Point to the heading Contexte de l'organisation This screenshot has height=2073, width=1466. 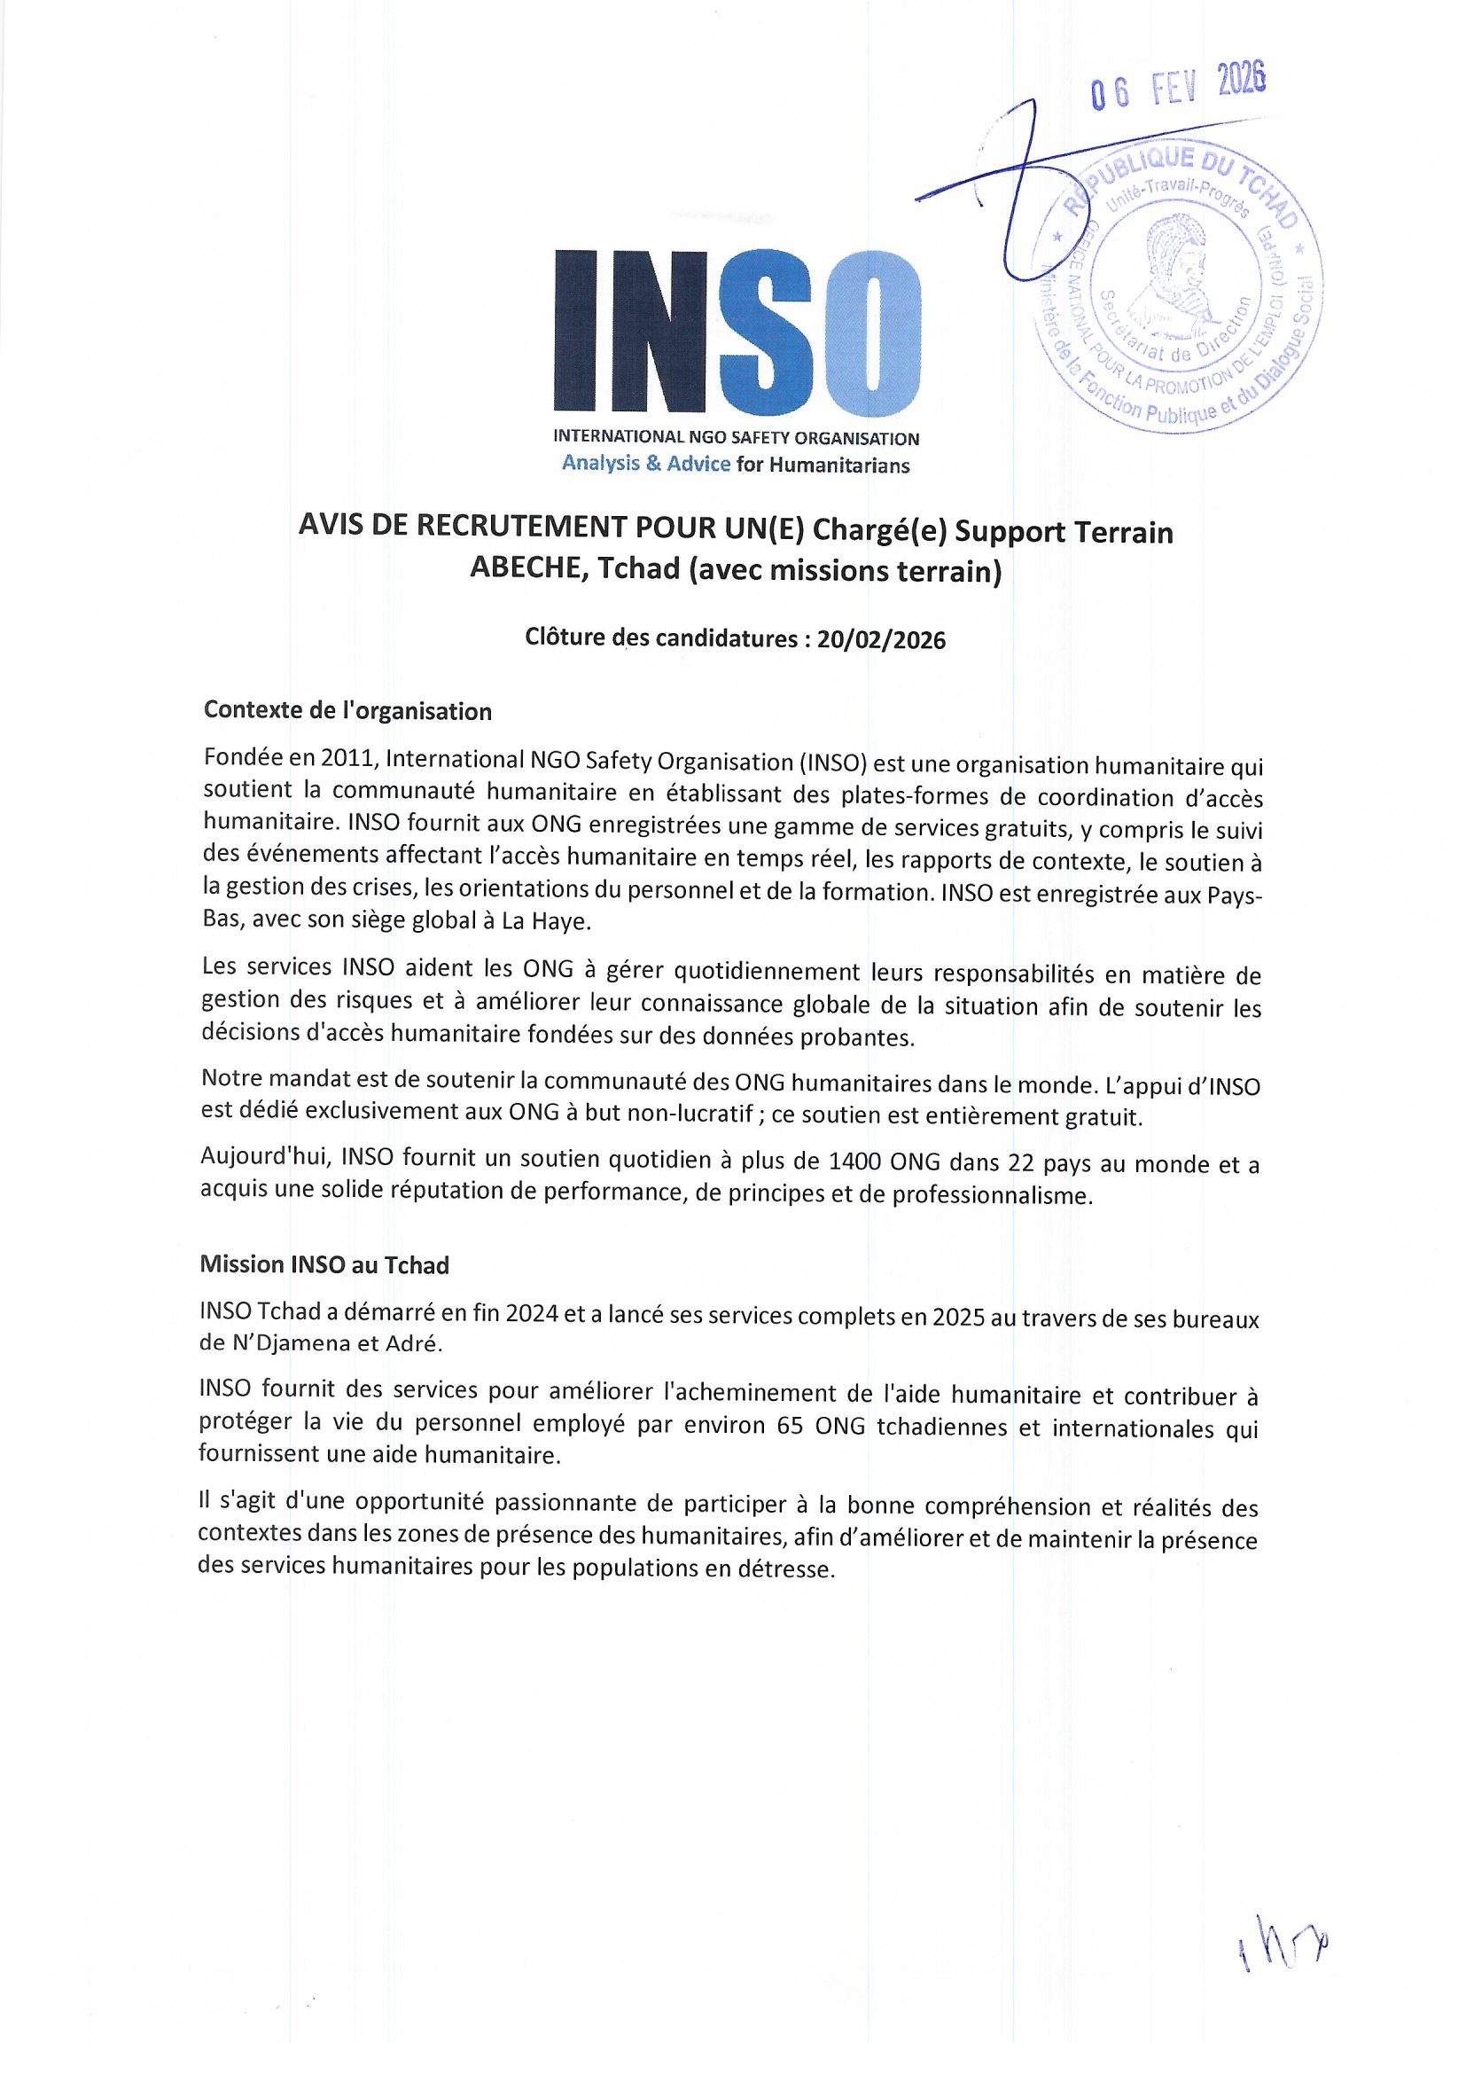click(347, 711)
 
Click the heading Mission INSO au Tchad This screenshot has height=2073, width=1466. click(324, 1265)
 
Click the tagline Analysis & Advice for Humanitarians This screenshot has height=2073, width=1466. click(736, 465)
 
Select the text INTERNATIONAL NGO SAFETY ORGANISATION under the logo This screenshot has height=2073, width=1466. click(736, 439)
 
